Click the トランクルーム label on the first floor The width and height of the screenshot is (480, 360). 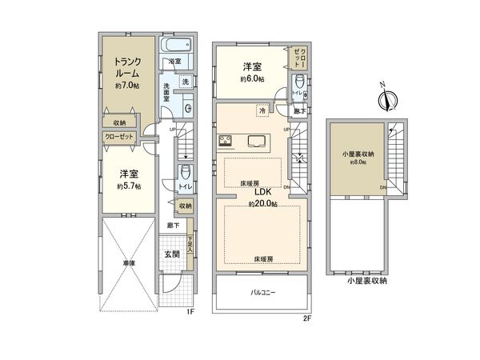(x=127, y=68)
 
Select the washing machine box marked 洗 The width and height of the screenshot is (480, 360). (x=184, y=83)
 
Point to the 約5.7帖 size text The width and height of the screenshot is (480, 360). (x=127, y=186)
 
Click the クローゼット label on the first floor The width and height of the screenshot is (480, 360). (x=119, y=137)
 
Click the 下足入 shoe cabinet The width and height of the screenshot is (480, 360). (x=190, y=244)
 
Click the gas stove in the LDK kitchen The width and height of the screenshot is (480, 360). (x=225, y=143)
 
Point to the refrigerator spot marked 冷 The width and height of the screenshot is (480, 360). (x=262, y=110)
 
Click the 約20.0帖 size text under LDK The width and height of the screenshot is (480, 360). (x=262, y=205)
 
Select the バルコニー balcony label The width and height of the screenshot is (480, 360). (x=262, y=294)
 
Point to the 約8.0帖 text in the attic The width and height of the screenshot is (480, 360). (x=357, y=161)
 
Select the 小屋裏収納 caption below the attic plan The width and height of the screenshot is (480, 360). (x=366, y=282)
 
